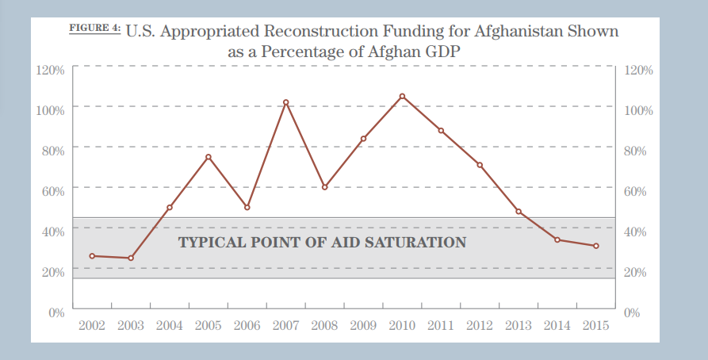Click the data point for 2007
(285, 102)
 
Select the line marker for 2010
(402, 96)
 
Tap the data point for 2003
(131, 258)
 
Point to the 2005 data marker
(209, 157)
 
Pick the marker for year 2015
(595, 246)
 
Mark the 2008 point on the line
(324, 187)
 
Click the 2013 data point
(519, 212)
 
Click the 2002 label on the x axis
(92, 326)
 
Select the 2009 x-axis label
(363, 326)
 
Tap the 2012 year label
(480, 326)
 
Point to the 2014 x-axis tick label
(557, 326)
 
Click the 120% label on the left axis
(50, 70)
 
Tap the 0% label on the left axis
(55, 312)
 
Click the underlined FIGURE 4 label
(94, 29)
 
